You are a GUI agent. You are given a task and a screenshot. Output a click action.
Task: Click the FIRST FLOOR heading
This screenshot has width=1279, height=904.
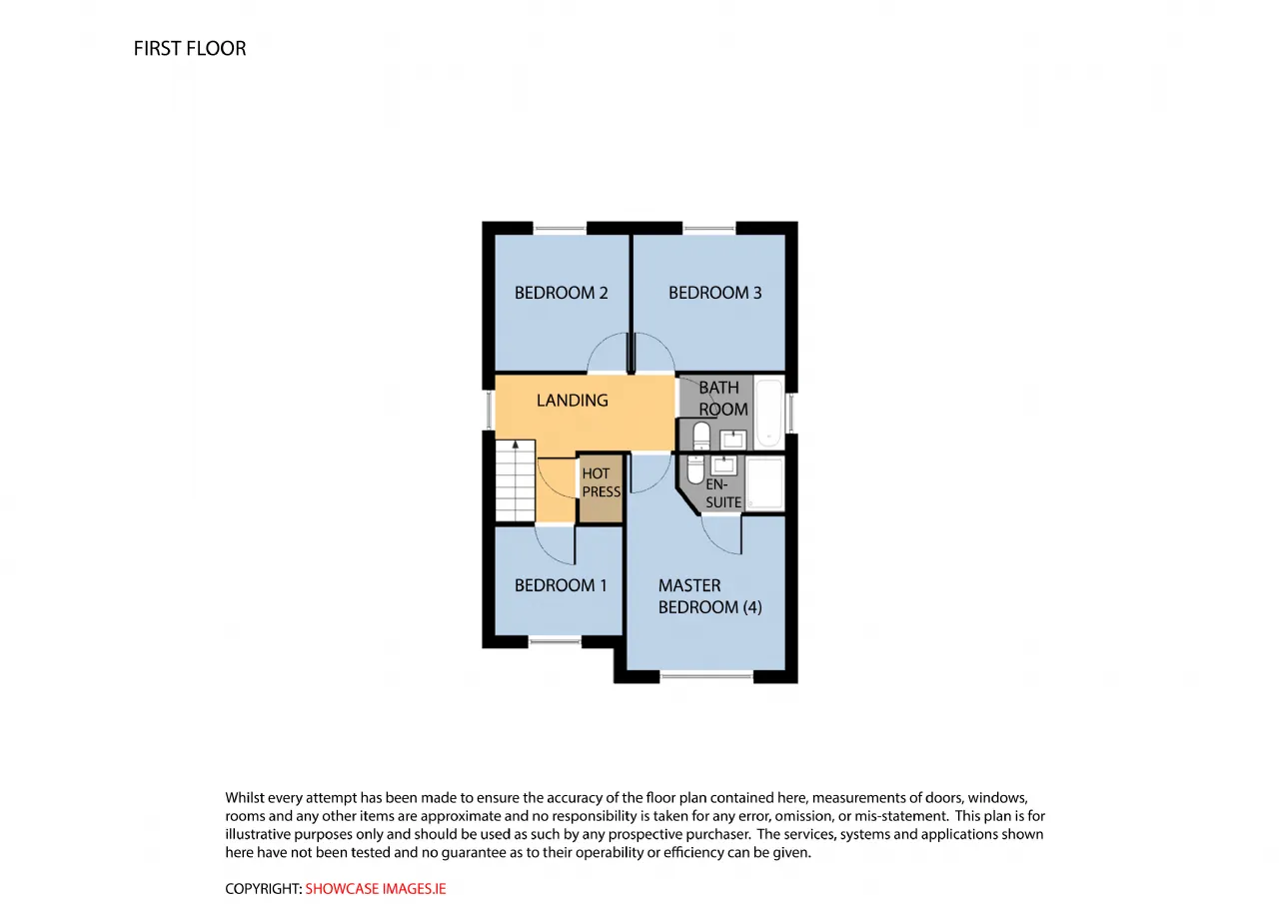click(x=190, y=49)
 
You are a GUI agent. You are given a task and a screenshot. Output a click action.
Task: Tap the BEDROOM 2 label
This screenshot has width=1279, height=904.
click(x=561, y=293)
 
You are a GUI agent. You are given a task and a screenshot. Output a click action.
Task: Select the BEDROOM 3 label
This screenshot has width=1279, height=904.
click(x=714, y=293)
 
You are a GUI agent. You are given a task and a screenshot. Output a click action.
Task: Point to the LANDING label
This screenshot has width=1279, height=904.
click(x=572, y=401)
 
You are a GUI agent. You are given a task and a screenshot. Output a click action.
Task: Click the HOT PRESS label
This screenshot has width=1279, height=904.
click(x=602, y=482)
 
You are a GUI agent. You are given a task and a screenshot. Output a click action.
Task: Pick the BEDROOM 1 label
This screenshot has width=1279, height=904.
click(x=561, y=585)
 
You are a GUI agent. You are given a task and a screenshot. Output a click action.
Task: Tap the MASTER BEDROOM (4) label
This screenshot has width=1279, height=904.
click(x=709, y=596)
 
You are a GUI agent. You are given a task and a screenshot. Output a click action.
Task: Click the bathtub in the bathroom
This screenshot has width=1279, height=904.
click(x=769, y=414)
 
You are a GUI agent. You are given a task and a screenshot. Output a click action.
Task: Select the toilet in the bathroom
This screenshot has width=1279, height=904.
click(x=701, y=437)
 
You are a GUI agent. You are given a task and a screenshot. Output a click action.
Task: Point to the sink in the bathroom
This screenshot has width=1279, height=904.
click(x=732, y=440)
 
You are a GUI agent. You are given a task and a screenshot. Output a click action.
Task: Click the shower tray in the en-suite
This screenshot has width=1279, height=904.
click(x=765, y=483)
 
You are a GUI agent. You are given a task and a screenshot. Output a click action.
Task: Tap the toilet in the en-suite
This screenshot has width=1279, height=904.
click(x=695, y=469)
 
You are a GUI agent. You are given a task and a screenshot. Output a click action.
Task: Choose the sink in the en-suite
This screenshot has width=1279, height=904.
click(x=724, y=465)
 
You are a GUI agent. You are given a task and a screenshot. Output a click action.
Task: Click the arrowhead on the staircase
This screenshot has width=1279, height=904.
click(x=515, y=445)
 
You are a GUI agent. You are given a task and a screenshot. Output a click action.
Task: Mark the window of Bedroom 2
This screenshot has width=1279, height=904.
click(x=560, y=229)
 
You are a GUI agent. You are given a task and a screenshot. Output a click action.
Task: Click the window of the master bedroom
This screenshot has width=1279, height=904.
click(x=706, y=676)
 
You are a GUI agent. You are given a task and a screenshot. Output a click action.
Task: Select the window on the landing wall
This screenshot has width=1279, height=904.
click(x=489, y=410)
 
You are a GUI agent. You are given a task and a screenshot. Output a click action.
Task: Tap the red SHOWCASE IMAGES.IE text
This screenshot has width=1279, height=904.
click(x=376, y=889)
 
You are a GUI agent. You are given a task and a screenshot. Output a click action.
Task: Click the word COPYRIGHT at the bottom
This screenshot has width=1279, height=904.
click(x=263, y=889)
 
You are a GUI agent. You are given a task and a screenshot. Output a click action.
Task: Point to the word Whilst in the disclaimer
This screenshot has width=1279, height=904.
click(x=244, y=797)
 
